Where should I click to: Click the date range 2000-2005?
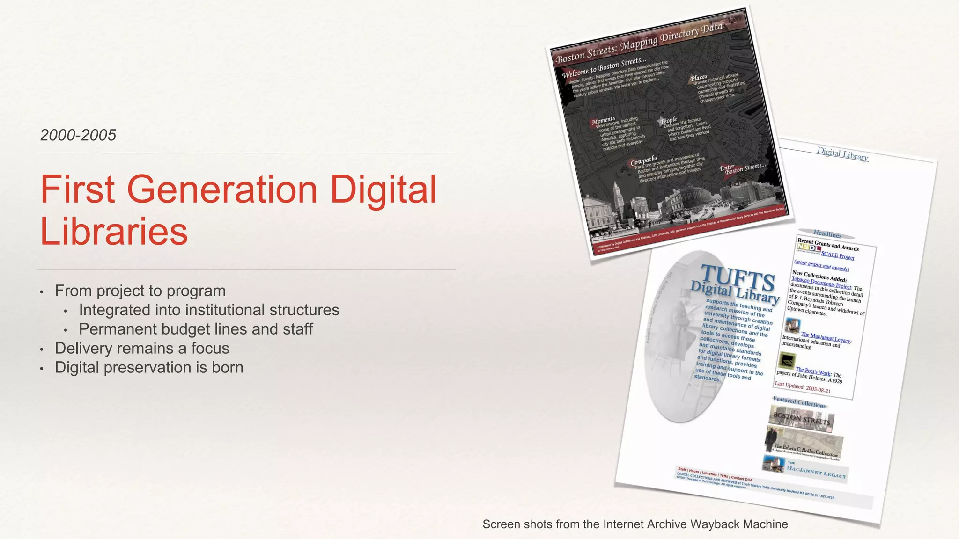[78, 135]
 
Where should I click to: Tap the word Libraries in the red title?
[114, 231]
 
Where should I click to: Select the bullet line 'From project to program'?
[140, 291]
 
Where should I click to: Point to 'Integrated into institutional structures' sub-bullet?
[209, 310]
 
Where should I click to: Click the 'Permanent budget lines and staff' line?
[196, 329]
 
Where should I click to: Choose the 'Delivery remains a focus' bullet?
[142, 348]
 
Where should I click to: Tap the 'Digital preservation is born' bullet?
[149, 367]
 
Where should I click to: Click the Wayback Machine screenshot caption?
[635, 524]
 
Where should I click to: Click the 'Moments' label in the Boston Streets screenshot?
[603, 121]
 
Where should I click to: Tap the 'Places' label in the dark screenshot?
[699, 78]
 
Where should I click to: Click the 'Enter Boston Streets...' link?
[742, 168]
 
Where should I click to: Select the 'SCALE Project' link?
[838, 255]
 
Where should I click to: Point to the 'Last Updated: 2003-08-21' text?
[803, 387]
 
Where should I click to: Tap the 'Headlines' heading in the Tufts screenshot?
[827, 234]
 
